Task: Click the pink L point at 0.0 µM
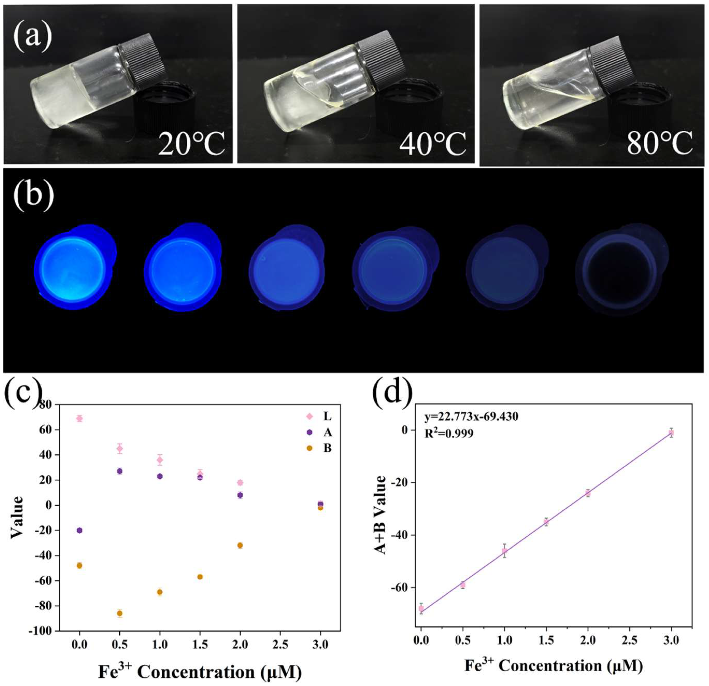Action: [80, 419]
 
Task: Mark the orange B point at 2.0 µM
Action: [240, 545]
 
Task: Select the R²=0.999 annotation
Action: [449, 433]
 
